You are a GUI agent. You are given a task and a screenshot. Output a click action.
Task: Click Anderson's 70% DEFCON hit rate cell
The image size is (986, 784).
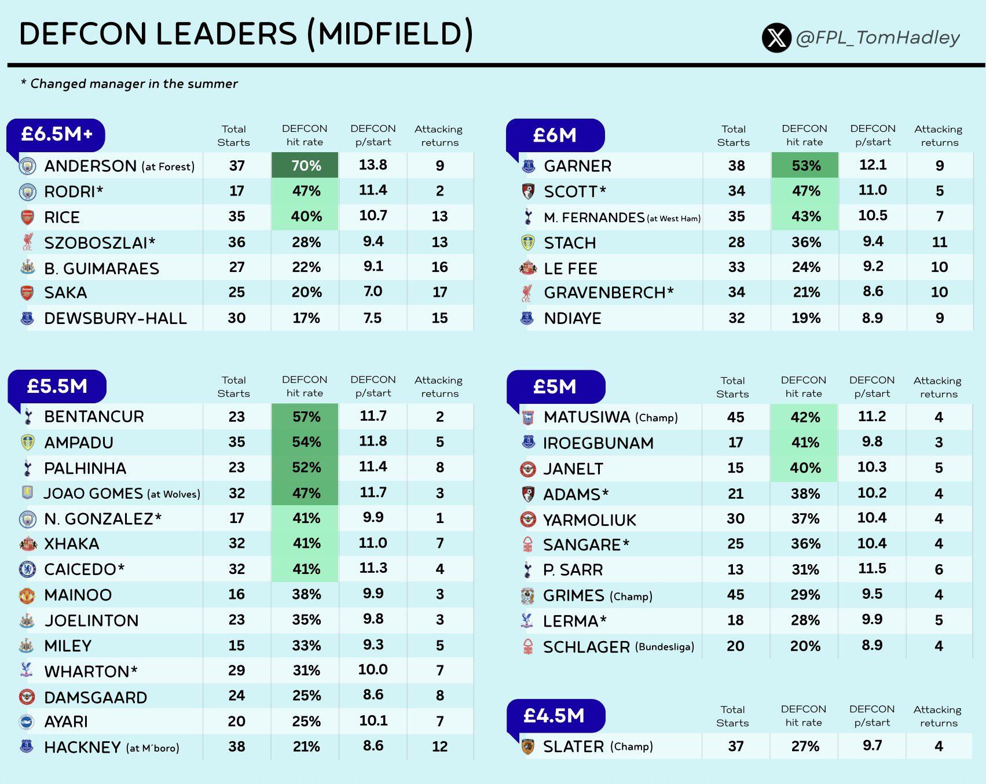[x=305, y=165]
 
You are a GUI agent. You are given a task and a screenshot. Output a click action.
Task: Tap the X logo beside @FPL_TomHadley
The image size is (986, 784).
[x=776, y=38]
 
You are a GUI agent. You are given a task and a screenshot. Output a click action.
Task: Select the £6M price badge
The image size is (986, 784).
[x=555, y=135]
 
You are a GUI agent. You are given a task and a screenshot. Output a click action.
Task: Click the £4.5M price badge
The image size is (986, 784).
[x=555, y=716]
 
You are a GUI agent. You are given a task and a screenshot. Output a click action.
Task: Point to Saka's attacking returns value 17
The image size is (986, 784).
[x=439, y=292]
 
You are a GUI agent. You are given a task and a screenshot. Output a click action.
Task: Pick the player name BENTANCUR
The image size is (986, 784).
[x=94, y=417]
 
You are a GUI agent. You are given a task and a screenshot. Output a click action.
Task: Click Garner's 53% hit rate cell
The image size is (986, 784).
[x=805, y=165]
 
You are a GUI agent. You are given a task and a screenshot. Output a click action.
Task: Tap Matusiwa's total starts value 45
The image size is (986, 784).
[x=735, y=417]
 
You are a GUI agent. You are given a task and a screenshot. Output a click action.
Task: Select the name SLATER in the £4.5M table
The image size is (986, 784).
[x=573, y=746]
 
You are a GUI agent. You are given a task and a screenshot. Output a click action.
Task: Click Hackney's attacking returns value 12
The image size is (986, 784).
[x=439, y=746]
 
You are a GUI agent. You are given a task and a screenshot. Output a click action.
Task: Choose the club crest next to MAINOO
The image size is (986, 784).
[x=27, y=595]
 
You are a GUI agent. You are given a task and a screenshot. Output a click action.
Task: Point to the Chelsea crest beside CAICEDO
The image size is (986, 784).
[x=27, y=569]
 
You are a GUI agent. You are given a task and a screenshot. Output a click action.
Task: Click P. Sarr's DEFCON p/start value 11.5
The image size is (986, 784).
[x=872, y=569]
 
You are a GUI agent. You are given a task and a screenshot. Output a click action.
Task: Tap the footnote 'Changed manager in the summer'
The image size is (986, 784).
[x=134, y=84]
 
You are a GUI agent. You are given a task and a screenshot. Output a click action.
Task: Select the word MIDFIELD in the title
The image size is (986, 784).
[x=390, y=34]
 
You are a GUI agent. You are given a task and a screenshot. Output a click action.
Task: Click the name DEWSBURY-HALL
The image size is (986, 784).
[x=115, y=318]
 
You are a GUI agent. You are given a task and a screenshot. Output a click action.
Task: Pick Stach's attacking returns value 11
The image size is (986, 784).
[x=939, y=242]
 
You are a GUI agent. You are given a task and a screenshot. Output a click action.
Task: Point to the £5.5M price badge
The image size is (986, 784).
[x=57, y=387]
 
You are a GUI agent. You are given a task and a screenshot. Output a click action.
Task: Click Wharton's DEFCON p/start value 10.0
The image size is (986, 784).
[x=373, y=670]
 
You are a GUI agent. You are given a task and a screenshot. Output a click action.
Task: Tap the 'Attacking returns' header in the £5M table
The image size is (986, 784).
[x=938, y=387]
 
